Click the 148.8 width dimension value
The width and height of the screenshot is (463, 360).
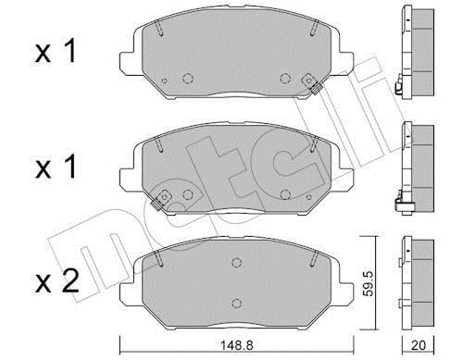[236, 345]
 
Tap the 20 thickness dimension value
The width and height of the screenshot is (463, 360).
[419, 345]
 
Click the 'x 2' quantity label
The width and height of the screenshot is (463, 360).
[56, 282]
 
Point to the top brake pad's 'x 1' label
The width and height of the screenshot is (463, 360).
[56, 52]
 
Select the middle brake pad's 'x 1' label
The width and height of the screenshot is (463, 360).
[56, 168]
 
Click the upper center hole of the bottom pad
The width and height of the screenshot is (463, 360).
[236, 263]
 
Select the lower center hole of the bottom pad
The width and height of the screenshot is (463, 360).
[236, 304]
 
